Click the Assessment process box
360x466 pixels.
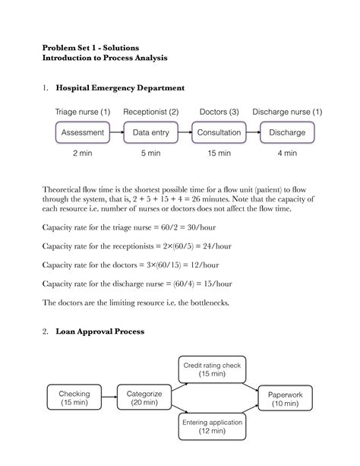[83, 132]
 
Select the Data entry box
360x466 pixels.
[151, 132]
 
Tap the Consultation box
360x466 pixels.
[219, 132]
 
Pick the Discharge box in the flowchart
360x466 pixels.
[287, 132]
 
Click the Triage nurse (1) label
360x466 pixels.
[83, 113]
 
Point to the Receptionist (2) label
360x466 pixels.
[151, 113]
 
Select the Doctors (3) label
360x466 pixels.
[219, 113]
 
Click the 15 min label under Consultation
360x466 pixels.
[219, 154]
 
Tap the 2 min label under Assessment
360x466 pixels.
[83, 154]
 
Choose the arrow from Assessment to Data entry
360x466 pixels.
[117, 132]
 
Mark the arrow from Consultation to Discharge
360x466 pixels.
[254, 132]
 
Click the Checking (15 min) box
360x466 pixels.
[74, 399]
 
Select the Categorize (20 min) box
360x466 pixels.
[143, 399]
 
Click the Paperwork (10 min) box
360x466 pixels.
[285, 399]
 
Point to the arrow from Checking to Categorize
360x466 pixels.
[109, 399]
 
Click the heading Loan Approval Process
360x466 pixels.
[112, 331]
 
